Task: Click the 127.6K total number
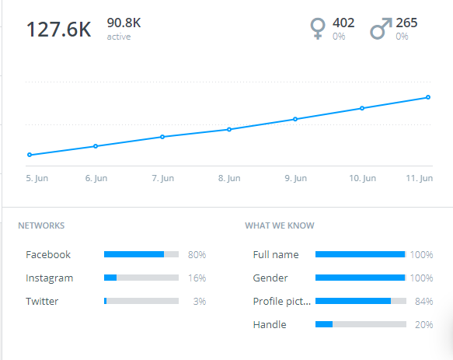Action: [x=58, y=30]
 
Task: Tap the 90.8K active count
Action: [x=124, y=23]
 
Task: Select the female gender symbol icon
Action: [x=317, y=29]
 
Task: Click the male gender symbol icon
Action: [x=379, y=29]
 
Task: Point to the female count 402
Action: [x=343, y=23]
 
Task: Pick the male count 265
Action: [x=406, y=23]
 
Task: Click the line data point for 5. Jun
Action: [x=30, y=155]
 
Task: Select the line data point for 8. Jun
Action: [x=229, y=129]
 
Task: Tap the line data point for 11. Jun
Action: [x=428, y=97]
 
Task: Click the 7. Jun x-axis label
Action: [x=162, y=178]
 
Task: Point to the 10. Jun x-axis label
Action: [x=362, y=178]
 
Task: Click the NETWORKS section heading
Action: [x=41, y=226]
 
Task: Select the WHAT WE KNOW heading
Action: [x=280, y=226]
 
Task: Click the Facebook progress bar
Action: [x=141, y=254]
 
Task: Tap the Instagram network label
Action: [x=49, y=278]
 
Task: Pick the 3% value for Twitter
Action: [x=199, y=301]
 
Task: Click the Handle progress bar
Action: [x=361, y=324]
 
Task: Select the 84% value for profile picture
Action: [x=423, y=301]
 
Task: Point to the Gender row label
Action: [x=270, y=278]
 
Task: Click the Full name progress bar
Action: [x=361, y=254]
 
